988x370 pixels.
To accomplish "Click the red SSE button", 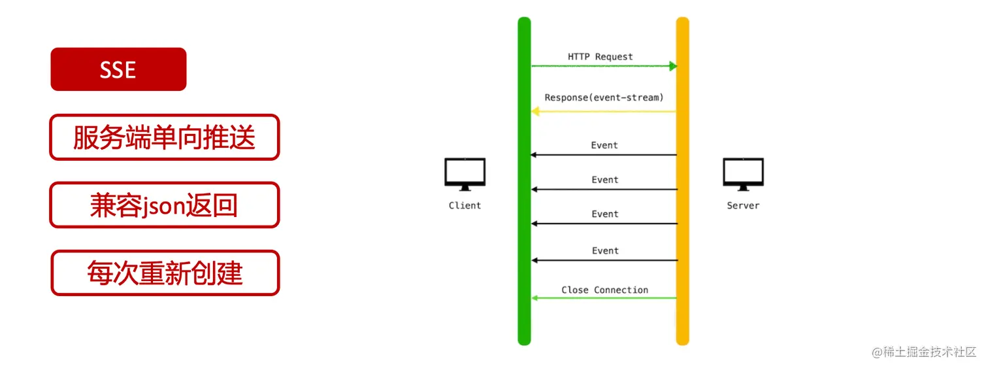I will coord(118,69).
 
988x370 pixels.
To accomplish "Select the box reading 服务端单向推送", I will coord(164,137).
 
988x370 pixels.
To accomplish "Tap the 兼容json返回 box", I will coord(164,205).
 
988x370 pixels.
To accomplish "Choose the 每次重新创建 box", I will coord(165,273).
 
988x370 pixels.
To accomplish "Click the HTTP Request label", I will coord(600,57).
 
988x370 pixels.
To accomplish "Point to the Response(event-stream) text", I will coord(604,97).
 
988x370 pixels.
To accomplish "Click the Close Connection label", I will coord(604,290).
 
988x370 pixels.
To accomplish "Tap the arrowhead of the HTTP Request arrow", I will coord(672,66).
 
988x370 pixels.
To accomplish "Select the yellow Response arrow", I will coord(603,112).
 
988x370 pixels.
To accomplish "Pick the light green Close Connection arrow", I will coord(603,298).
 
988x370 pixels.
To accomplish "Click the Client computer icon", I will coord(465,174).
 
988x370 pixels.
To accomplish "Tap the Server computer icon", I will coord(743,174).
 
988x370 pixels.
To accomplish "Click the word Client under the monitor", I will coord(465,205).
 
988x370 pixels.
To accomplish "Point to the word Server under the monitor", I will coord(743,205).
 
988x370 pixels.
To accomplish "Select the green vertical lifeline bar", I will coord(524,181).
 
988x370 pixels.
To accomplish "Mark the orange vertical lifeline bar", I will coord(682,181).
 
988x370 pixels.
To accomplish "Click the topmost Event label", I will coord(604,145).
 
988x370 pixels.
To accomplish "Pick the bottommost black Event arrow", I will coord(603,260).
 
